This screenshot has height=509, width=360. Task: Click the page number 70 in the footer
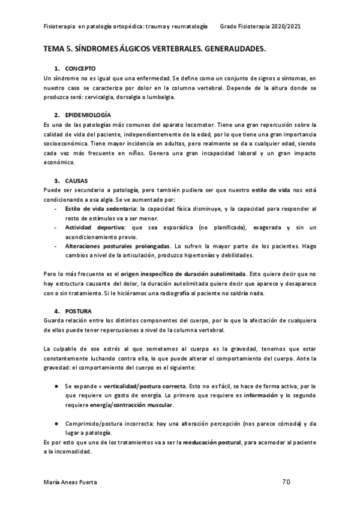click(286, 481)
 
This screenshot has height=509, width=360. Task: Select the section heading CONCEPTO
click(80, 70)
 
